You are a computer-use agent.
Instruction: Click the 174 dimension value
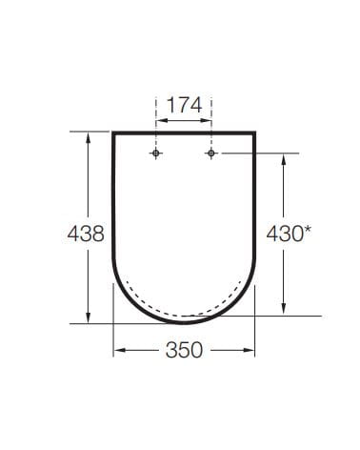184,105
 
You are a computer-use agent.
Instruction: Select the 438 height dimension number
86,234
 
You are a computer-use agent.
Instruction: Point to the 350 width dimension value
184,350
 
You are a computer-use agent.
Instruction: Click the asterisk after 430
307,230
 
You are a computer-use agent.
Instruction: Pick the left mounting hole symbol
155,153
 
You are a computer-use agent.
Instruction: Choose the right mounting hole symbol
211,153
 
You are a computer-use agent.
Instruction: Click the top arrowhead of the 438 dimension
89,137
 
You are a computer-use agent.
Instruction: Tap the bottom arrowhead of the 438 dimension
89,317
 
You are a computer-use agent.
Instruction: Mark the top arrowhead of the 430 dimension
284,159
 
